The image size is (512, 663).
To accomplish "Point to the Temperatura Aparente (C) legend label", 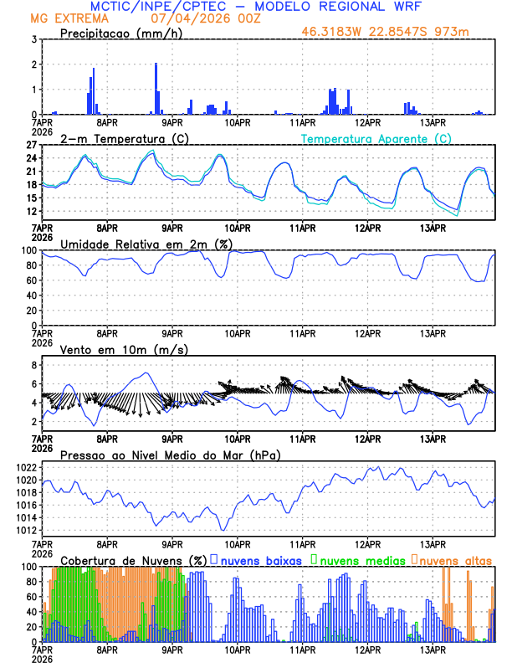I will (376, 138).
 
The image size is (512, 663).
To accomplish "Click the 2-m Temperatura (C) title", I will (115, 138).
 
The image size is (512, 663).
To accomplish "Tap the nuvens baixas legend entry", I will (259, 559).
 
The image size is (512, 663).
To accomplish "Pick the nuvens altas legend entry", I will (454, 559).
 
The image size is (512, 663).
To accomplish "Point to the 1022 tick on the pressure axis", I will (26, 467).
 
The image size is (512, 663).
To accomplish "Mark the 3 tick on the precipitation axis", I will (33, 39).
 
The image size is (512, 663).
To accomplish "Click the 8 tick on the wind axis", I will (33, 365).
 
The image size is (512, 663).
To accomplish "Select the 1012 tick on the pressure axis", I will (26, 530).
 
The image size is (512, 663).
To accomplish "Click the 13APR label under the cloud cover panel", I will (433, 649).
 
